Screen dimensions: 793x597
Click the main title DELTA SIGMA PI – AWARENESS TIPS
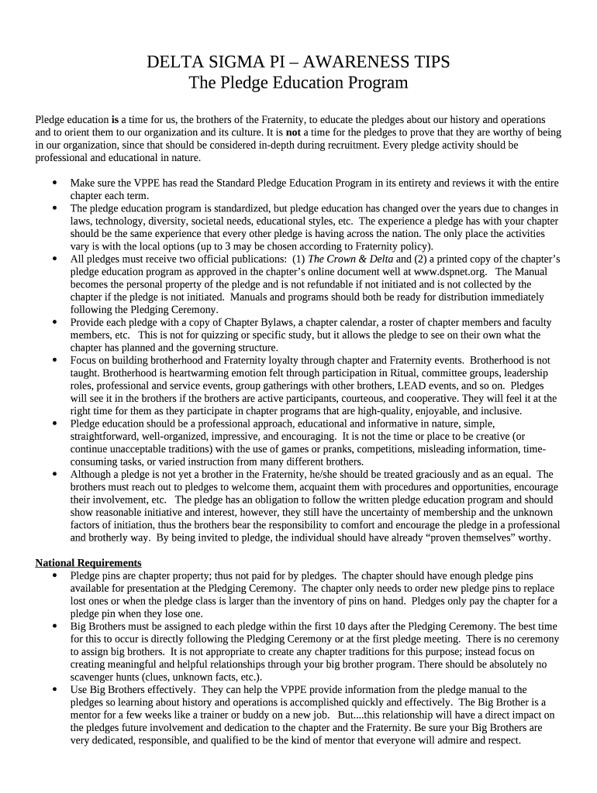coord(298,62)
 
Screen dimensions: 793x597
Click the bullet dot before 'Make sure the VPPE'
coord(53,184)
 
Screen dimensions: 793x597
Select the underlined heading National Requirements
coord(88,562)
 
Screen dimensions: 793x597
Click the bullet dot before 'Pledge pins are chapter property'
coord(53,575)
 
